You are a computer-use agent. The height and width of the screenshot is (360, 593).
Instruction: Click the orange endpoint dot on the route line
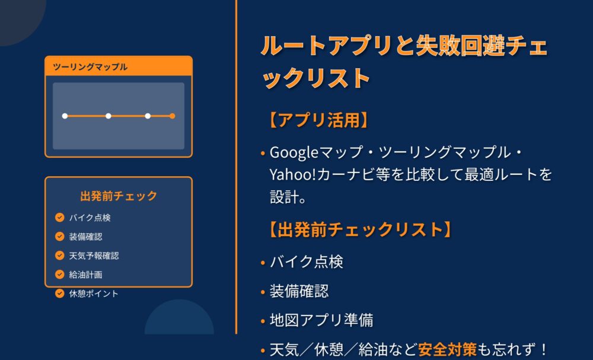pyautogui.click(x=172, y=116)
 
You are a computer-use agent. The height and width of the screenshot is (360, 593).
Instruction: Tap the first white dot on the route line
pyautogui.click(x=65, y=116)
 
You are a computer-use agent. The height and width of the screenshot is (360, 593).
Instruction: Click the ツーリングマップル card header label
pyautogui.click(x=90, y=67)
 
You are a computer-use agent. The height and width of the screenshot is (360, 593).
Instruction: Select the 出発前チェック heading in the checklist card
pyautogui.click(x=119, y=196)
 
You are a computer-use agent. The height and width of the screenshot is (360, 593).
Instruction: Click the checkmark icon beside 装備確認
pyautogui.click(x=60, y=237)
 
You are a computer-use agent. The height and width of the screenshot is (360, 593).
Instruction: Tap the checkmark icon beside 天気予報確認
pyautogui.click(x=60, y=255)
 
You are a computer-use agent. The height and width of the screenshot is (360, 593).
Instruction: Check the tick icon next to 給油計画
pyautogui.click(x=60, y=274)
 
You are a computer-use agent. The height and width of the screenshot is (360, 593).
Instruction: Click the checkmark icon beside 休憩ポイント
pyautogui.click(x=60, y=293)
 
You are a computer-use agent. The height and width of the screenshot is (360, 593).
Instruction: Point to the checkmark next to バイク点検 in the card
pyautogui.click(x=60, y=218)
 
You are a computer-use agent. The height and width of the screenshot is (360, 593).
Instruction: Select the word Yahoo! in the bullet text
pyautogui.click(x=293, y=175)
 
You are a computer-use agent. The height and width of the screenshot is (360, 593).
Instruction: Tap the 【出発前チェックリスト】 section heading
pyautogui.click(x=359, y=230)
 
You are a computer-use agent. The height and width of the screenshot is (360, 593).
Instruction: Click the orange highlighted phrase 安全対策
pyautogui.click(x=447, y=349)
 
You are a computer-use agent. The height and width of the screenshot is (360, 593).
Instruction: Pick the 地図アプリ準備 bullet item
pyautogui.click(x=321, y=320)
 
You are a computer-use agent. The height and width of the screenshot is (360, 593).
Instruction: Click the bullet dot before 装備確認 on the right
pyautogui.click(x=263, y=292)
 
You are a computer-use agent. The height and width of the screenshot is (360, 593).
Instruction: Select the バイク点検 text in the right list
pyautogui.click(x=307, y=262)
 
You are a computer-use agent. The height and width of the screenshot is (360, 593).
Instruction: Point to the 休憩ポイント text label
pyautogui.click(x=94, y=294)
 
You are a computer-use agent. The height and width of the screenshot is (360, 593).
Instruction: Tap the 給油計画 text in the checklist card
pyautogui.click(x=85, y=275)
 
